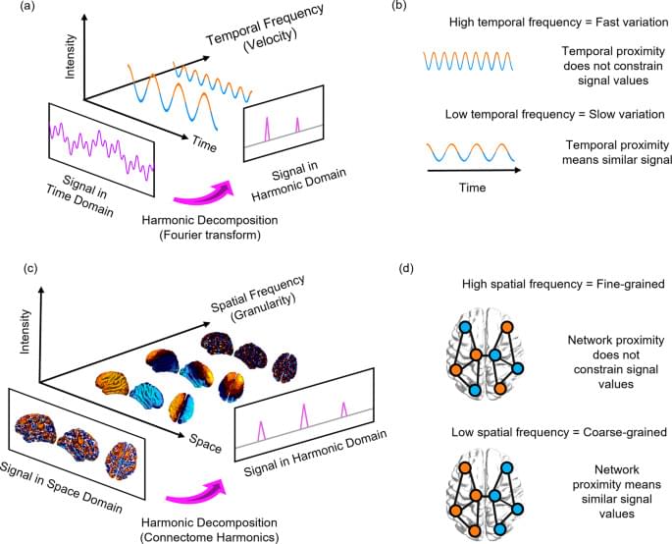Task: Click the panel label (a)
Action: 13,8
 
